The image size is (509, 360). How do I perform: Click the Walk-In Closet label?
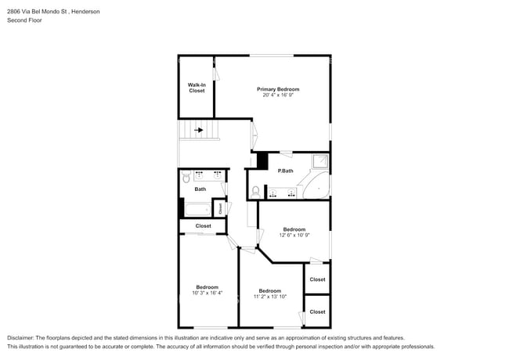click(x=197, y=88)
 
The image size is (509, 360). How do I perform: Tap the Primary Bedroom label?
click(x=278, y=89)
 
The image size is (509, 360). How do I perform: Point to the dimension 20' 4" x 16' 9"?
click(x=278, y=95)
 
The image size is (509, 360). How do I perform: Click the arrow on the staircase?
click(x=199, y=131)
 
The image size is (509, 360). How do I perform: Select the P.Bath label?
click(x=285, y=171)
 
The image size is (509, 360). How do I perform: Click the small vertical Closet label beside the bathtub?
click(x=221, y=209)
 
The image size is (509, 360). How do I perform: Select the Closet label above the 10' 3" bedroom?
click(x=203, y=226)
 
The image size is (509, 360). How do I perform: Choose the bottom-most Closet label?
click(x=317, y=311)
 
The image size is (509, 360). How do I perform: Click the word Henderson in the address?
click(x=84, y=13)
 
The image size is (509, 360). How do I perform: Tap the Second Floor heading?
click(x=24, y=20)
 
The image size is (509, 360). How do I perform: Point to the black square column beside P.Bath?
click(x=262, y=160)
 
